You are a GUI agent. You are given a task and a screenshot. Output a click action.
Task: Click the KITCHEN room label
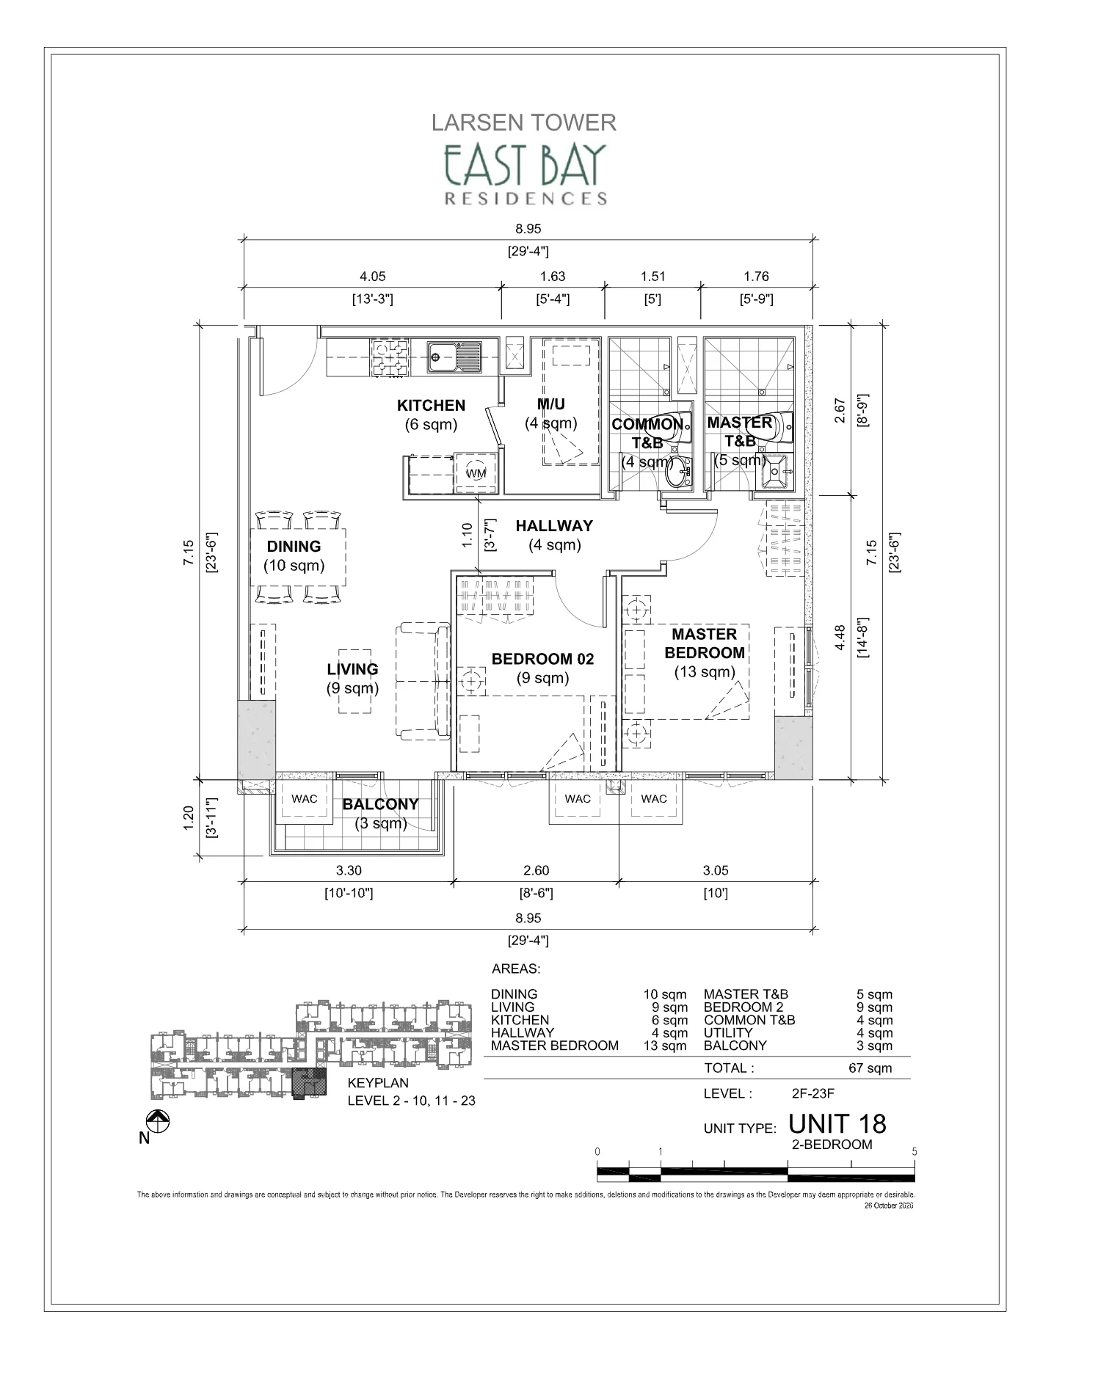pyautogui.click(x=431, y=406)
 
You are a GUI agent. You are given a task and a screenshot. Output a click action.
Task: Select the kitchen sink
pyautogui.click(x=455, y=357)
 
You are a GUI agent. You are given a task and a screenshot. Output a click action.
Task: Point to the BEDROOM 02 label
pyautogui.click(x=542, y=659)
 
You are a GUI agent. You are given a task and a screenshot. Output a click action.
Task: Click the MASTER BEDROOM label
pyautogui.click(x=704, y=643)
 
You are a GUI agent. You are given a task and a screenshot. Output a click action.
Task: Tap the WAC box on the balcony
pyautogui.click(x=305, y=799)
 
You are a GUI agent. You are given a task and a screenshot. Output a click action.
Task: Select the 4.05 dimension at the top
pyautogui.click(x=372, y=277)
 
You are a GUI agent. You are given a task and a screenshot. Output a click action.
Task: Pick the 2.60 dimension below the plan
pyautogui.click(x=536, y=870)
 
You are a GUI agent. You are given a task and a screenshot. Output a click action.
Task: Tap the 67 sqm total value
pyautogui.click(x=870, y=1068)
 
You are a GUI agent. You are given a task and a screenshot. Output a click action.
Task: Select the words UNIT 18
pyautogui.click(x=837, y=1123)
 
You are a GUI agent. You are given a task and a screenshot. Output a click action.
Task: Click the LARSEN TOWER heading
pyautogui.click(x=523, y=123)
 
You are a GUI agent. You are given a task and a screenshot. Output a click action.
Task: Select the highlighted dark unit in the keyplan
pyautogui.click(x=308, y=1083)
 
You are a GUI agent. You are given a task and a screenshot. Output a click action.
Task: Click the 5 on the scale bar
pyautogui.click(x=914, y=1151)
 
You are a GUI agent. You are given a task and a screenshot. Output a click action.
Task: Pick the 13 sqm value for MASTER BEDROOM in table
pyautogui.click(x=665, y=1046)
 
